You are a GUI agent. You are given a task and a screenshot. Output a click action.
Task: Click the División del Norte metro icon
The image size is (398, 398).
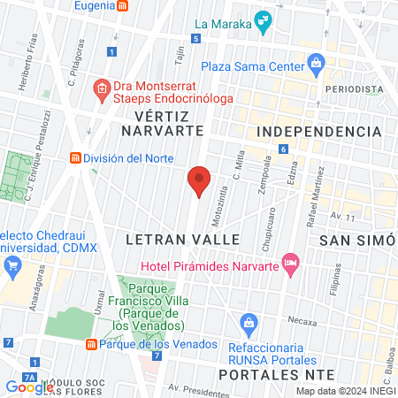(76, 158)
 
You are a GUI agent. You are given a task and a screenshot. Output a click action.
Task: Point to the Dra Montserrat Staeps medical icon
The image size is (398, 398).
(102, 88)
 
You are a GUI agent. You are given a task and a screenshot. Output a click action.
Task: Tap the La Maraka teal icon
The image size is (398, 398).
(262, 20)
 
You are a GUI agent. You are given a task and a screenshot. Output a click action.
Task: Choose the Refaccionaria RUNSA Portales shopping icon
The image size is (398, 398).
(249, 321)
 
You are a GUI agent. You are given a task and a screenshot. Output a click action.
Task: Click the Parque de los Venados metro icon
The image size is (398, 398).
(90, 344)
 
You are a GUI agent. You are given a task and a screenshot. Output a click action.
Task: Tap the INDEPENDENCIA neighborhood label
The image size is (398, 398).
(318, 131)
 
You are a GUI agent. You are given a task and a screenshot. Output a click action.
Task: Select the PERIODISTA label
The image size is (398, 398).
(354, 90)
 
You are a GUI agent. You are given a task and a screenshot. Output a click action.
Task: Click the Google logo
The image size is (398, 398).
(29, 387)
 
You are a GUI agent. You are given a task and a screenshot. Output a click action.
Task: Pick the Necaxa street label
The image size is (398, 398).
(301, 322)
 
